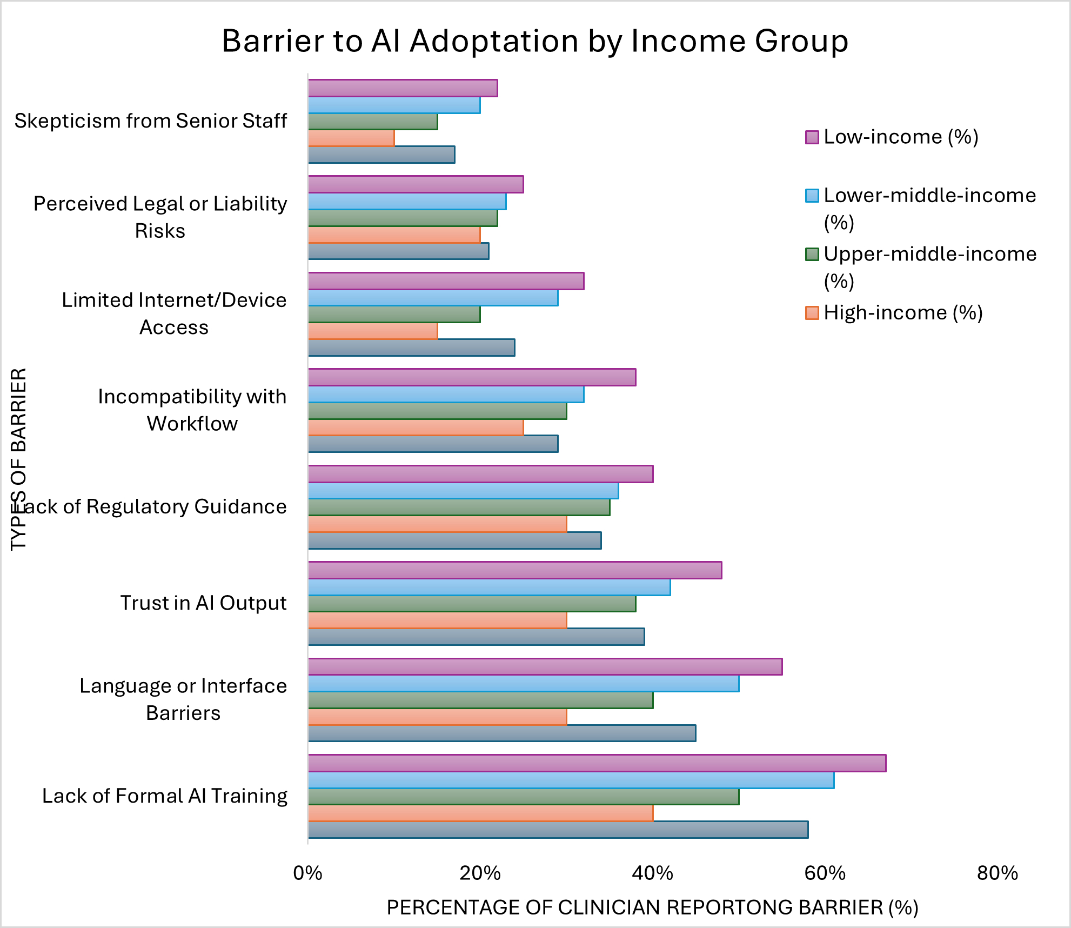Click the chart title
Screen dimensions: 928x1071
tap(534, 41)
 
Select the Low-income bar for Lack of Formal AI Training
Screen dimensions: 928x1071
tap(597, 763)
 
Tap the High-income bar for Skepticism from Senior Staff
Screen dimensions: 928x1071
tap(351, 138)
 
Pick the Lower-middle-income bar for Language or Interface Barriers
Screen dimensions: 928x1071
tap(523, 684)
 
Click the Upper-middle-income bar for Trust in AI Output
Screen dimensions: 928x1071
tap(472, 604)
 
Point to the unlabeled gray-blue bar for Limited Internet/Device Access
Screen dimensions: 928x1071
tap(411, 348)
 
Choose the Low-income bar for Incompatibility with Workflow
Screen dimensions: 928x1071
tap(472, 377)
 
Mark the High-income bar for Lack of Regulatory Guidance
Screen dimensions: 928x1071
tap(437, 524)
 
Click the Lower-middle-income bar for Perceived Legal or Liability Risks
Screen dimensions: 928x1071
tap(407, 202)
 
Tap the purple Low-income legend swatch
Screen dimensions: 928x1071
tap(812, 137)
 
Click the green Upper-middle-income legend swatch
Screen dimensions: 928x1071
tap(812, 254)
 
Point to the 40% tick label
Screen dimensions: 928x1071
tap(653, 873)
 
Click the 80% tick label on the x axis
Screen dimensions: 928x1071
tap(998, 873)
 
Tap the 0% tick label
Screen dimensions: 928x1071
tap(307, 873)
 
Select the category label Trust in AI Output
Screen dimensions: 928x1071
tap(203, 603)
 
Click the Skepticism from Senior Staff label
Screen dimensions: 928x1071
tap(151, 121)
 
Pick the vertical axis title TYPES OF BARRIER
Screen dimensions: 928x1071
tap(18, 459)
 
